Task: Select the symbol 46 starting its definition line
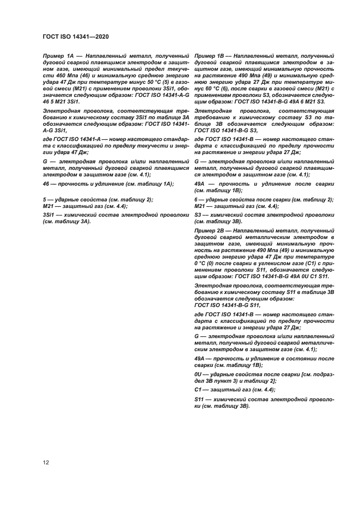(x=46, y=185)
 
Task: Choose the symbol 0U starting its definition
(x=199, y=375)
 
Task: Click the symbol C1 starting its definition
(x=199, y=390)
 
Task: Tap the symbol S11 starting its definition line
(x=200, y=400)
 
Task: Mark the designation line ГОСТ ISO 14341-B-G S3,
(x=225, y=131)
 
